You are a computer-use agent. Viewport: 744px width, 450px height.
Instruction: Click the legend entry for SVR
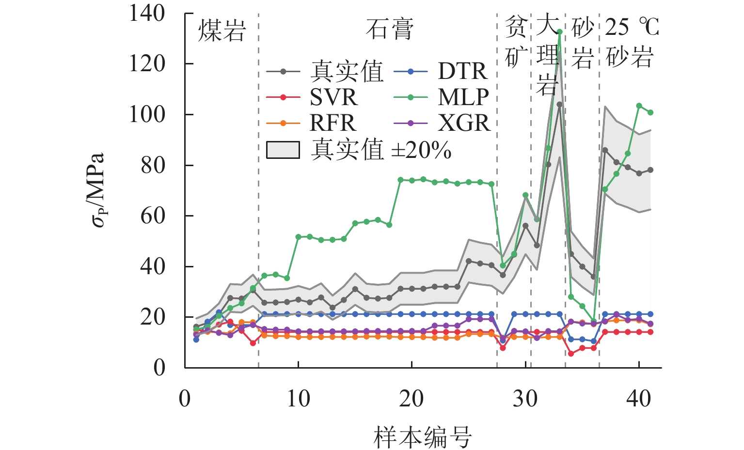click(x=333, y=97)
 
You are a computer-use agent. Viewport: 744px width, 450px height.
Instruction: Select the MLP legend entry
click(x=463, y=97)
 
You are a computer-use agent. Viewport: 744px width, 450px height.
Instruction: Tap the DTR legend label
click(x=462, y=71)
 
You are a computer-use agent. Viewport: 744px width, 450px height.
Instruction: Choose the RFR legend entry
click(x=332, y=123)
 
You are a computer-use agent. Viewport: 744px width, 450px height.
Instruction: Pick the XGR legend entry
click(x=464, y=123)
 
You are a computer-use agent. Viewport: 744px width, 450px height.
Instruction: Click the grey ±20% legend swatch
click(x=283, y=150)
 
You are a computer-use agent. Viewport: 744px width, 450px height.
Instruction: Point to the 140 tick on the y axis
click(x=147, y=14)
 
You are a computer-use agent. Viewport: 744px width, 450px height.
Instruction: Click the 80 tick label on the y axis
click(x=153, y=165)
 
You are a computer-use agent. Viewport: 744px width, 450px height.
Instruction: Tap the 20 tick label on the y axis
click(x=153, y=317)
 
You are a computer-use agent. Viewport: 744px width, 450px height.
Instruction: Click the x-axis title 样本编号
click(x=423, y=437)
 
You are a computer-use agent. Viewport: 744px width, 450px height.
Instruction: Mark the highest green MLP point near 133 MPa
click(x=559, y=32)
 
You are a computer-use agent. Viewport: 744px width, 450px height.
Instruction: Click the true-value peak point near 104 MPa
click(x=559, y=104)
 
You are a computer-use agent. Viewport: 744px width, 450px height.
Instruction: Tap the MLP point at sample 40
click(x=639, y=106)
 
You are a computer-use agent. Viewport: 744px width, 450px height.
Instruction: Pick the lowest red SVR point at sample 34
click(x=571, y=354)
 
